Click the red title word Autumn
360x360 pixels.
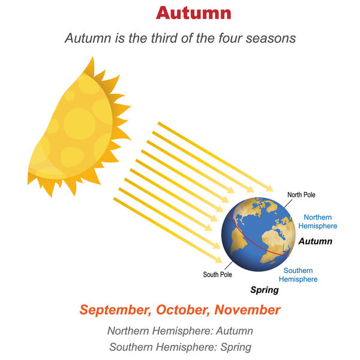tap(193, 13)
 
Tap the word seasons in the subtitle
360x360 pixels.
tap(271, 38)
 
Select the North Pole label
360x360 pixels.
tap(301, 194)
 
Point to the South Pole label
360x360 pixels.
tap(217, 274)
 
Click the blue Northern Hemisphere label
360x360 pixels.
tap(318, 221)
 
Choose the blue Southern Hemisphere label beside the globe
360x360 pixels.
tap(298, 275)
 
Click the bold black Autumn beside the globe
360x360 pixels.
tap(316, 241)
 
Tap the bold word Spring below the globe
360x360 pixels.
tap(265, 290)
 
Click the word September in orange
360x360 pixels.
tap(115, 310)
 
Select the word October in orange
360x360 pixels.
tap(183, 310)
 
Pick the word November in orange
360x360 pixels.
tap(247, 310)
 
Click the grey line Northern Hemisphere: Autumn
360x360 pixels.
tap(180, 331)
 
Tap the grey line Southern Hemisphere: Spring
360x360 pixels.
tap(180, 347)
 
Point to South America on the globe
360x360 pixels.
tap(238, 241)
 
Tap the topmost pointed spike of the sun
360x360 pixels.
tap(92, 58)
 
